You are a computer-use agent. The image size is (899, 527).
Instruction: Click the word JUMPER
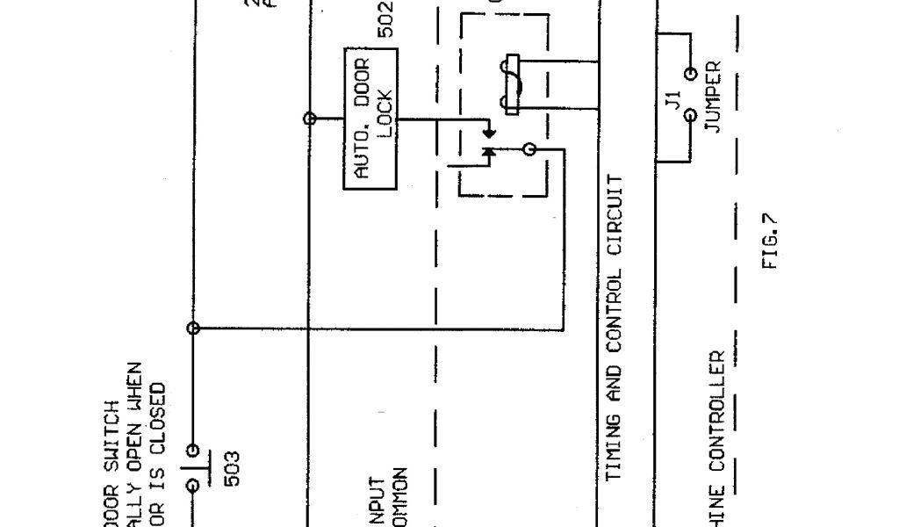point(713,97)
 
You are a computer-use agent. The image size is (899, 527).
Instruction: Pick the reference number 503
point(234,468)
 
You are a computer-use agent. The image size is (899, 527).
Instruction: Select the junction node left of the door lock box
point(309,118)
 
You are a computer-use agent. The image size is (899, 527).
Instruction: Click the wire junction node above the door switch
point(194,328)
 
